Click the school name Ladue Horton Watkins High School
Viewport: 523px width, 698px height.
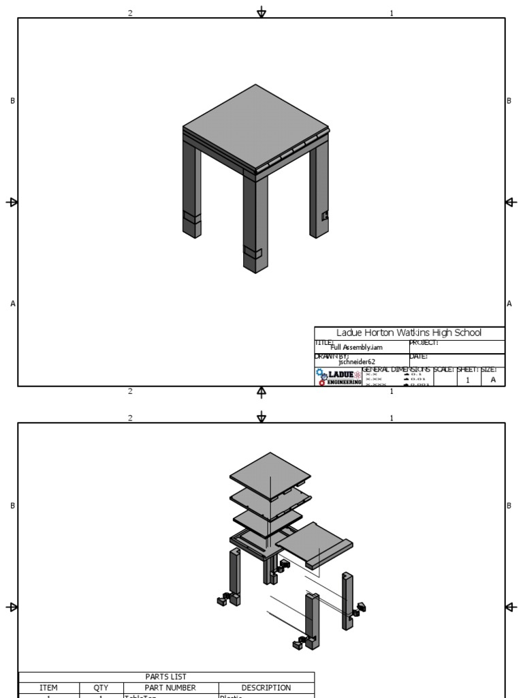(409, 333)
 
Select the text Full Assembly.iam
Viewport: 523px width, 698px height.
(357, 347)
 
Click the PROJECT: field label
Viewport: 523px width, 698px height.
(424, 343)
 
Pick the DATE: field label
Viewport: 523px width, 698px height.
(418, 356)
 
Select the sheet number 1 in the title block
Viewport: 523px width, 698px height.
(467, 380)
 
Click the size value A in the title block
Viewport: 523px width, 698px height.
(493, 380)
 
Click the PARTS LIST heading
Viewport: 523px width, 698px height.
(166, 677)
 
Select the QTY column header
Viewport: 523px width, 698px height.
(101, 688)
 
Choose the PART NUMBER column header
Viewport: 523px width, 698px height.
(170, 688)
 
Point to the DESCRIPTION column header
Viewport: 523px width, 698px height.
(266, 688)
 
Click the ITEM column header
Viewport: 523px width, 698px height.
(48, 688)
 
